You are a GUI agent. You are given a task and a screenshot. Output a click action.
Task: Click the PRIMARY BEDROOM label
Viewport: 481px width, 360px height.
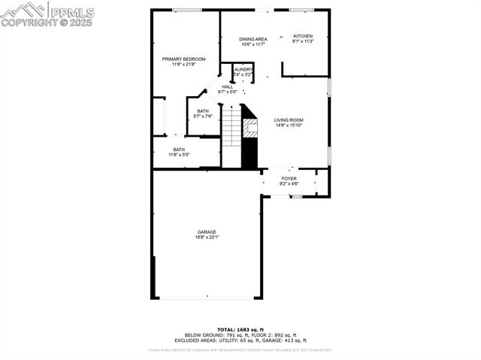coord(183,59)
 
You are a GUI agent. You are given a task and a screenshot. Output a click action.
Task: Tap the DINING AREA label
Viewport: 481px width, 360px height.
coord(253,39)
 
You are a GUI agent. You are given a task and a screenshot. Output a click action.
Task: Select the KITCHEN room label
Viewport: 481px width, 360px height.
coord(303,36)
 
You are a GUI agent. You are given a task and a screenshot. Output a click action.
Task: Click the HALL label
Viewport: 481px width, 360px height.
coord(227,86)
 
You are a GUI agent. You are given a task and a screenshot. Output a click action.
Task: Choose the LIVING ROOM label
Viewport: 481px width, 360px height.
coord(289,119)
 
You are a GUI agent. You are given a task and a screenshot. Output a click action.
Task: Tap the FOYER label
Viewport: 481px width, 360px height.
coord(289,178)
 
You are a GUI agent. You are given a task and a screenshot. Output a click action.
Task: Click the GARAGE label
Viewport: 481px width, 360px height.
coord(207,231)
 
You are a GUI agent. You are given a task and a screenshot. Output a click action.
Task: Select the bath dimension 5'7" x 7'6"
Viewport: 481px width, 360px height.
coord(204,116)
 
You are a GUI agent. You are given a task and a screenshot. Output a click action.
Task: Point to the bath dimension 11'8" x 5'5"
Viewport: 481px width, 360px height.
coord(179,155)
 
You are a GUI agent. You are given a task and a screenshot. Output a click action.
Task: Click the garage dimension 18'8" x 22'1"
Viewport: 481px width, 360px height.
coord(207,237)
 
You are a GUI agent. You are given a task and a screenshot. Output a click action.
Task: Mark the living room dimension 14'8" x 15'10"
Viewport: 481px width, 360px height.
coord(289,125)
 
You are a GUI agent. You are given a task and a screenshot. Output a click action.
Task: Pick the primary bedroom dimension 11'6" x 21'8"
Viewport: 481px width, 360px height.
coord(183,65)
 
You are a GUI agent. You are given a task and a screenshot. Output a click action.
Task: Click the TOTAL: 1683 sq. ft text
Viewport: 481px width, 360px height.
coord(240,330)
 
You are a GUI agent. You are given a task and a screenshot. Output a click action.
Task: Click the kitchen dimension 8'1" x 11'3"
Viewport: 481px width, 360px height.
coord(303,42)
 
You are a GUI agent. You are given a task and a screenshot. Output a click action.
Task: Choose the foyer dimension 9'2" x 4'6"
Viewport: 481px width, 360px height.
coord(289,183)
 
